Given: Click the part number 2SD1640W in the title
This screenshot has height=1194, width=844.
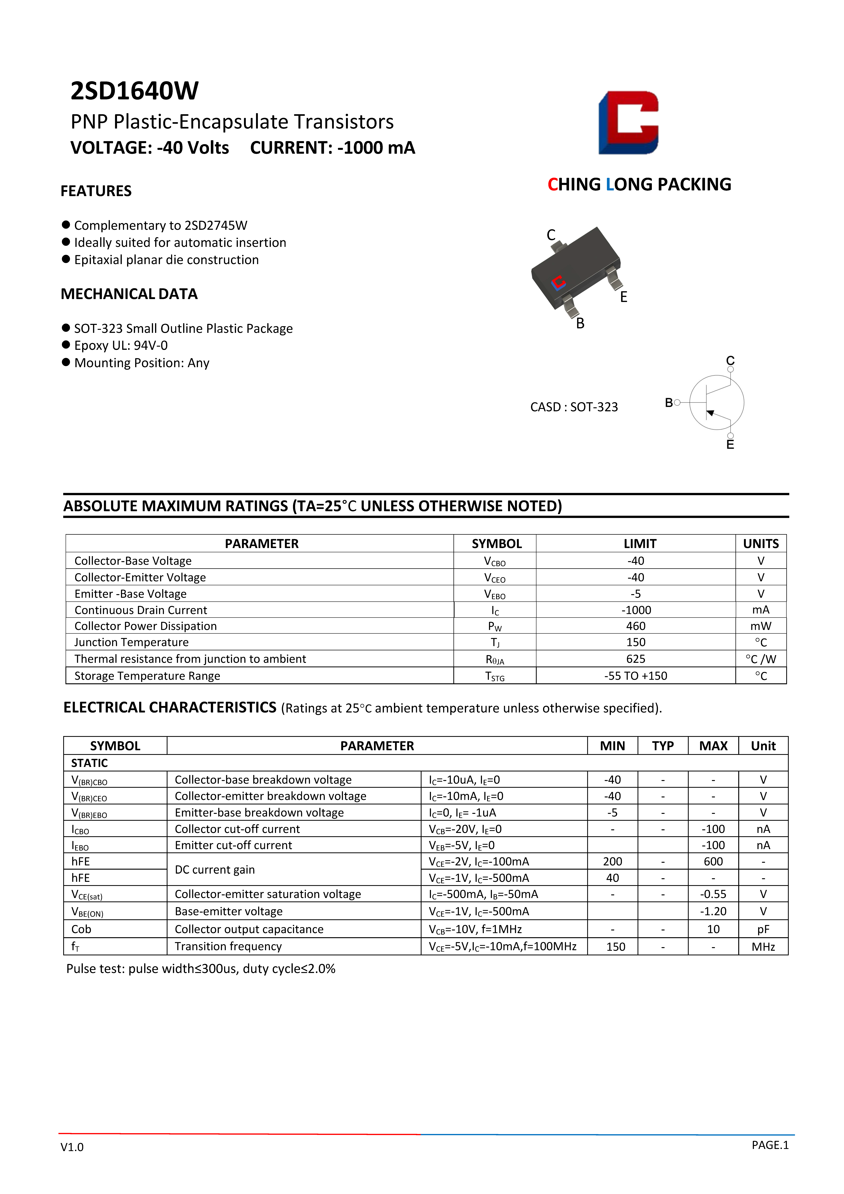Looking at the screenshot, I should [x=134, y=91].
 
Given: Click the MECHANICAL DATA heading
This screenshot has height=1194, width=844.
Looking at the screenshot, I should [x=129, y=294].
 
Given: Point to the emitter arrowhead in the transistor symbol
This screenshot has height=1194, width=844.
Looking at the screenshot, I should [x=710, y=413].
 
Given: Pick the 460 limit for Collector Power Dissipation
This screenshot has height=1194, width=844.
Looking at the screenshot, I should [x=635, y=626].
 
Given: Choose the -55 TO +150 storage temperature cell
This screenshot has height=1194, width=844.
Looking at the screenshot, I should [x=635, y=676].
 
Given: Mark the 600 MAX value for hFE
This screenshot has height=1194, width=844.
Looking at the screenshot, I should [x=713, y=862].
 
